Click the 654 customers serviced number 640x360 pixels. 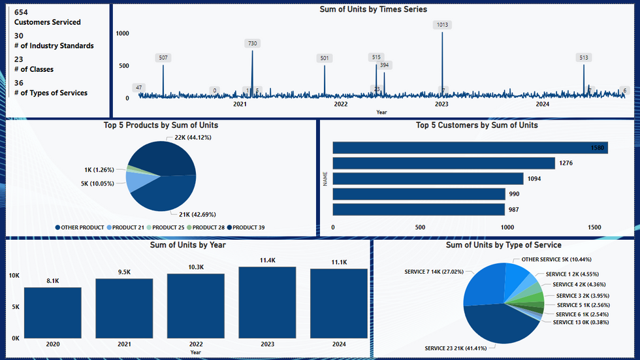20,12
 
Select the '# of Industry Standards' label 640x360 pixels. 54,46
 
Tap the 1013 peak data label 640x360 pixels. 442,25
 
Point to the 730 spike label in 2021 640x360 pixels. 252,43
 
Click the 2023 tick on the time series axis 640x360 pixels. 441,104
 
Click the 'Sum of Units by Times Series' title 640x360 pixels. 373,9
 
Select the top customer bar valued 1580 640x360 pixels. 470,148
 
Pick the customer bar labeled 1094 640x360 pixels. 428,178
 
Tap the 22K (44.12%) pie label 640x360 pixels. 193,138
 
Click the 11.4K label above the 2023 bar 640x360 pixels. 268,260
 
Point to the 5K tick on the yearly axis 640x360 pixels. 14,306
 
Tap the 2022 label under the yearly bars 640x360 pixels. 196,344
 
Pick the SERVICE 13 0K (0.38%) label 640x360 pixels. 585,322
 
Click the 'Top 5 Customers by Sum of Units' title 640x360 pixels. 477,125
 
